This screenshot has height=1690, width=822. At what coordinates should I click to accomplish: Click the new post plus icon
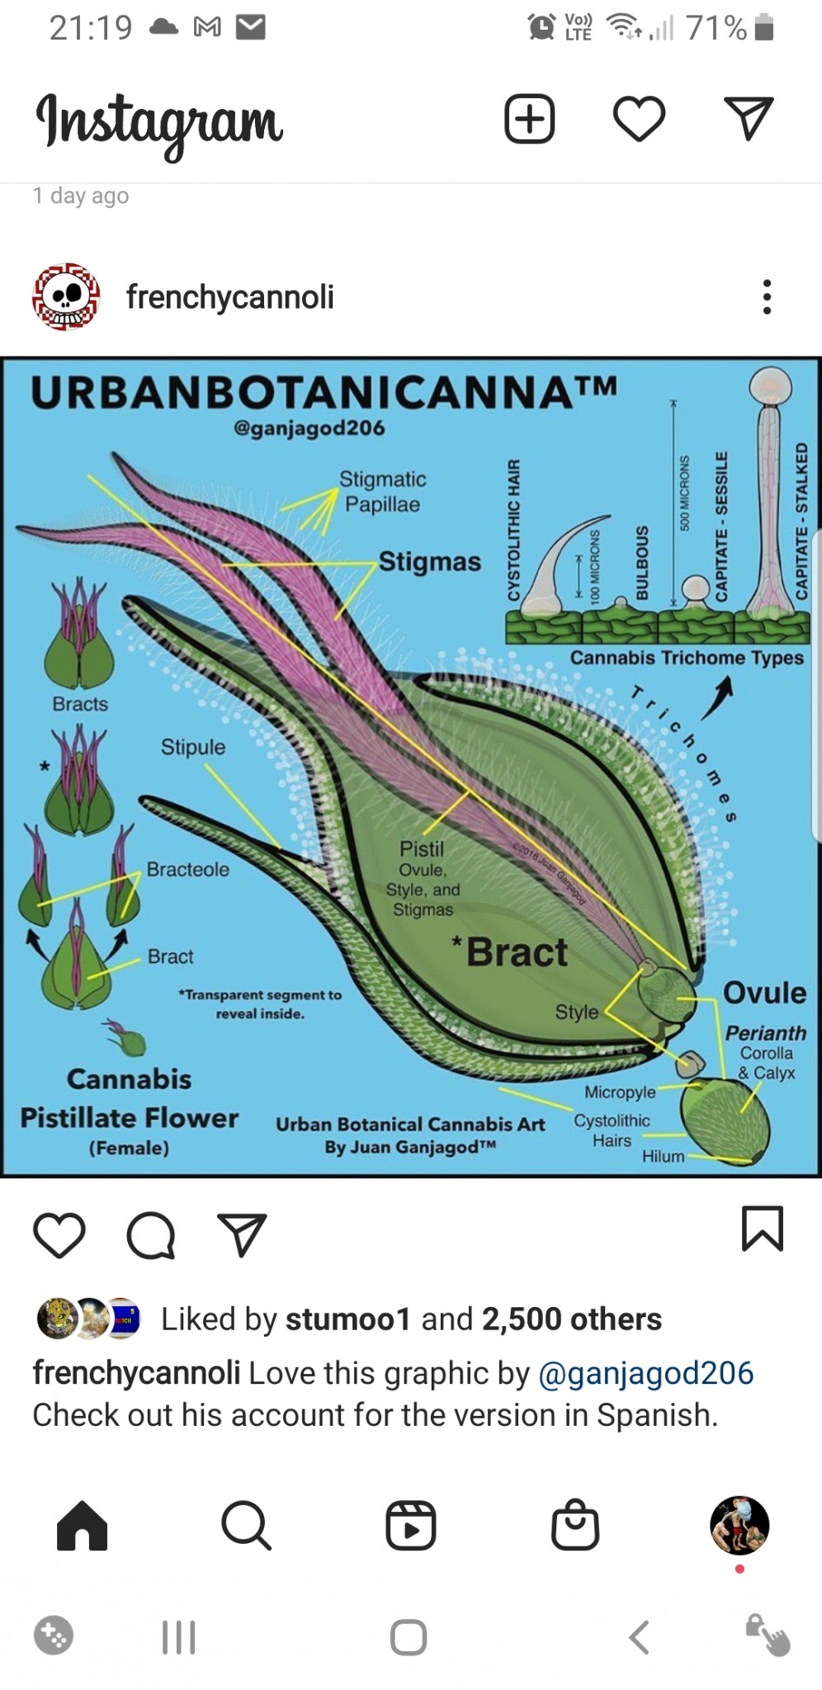point(529,119)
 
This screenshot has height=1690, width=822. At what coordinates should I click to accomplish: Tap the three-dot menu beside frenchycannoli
point(767,297)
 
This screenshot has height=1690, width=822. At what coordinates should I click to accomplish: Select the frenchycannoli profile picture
point(66,297)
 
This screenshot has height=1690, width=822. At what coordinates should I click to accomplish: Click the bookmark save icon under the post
point(762,1229)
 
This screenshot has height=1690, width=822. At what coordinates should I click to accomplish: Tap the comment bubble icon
point(151,1235)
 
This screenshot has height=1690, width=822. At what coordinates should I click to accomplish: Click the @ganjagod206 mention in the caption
point(645,1373)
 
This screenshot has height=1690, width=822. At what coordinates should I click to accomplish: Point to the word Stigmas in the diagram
point(429,562)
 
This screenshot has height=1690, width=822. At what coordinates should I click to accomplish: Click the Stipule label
point(192,747)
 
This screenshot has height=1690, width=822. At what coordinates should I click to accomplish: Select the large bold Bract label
point(517,952)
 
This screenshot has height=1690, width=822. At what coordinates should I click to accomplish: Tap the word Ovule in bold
point(764,993)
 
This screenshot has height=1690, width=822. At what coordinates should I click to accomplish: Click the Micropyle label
point(620,1092)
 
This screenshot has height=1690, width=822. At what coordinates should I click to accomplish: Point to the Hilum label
point(664,1156)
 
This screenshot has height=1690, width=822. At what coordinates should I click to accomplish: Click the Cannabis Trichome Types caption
point(687,658)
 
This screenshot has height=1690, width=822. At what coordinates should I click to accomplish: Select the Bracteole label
point(188,869)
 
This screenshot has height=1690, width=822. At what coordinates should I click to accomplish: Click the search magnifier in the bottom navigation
point(246,1525)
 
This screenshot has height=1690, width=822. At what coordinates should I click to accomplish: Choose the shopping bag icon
point(574,1525)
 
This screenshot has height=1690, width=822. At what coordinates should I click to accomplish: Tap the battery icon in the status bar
point(764,28)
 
